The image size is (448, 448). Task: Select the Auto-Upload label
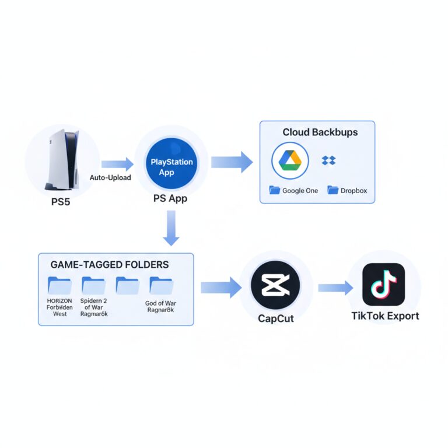pyautogui.click(x=110, y=177)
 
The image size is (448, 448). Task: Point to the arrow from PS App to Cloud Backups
pyautogui.click(x=232, y=162)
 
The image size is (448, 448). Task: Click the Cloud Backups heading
pyautogui.click(x=320, y=132)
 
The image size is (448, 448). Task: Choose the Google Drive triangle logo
pyautogui.click(x=290, y=160)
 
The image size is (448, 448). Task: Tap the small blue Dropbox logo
pyautogui.click(x=329, y=160)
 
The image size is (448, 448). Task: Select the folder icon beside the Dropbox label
pyautogui.click(x=333, y=190)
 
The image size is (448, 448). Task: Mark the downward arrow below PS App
pyautogui.click(x=171, y=228)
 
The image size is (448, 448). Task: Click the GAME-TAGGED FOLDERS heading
pyautogui.click(x=110, y=264)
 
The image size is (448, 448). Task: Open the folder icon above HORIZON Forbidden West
pyautogui.click(x=60, y=285)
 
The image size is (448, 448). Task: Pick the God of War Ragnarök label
pyautogui.click(x=160, y=307)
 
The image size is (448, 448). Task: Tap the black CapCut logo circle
pyautogui.click(x=275, y=285)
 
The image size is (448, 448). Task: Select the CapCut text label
pyautogui.click(x=275, y=318)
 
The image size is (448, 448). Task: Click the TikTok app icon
pyautogui.click(x=383, y=284)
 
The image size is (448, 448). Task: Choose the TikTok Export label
pyautogui.click(x=384, y=316)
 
